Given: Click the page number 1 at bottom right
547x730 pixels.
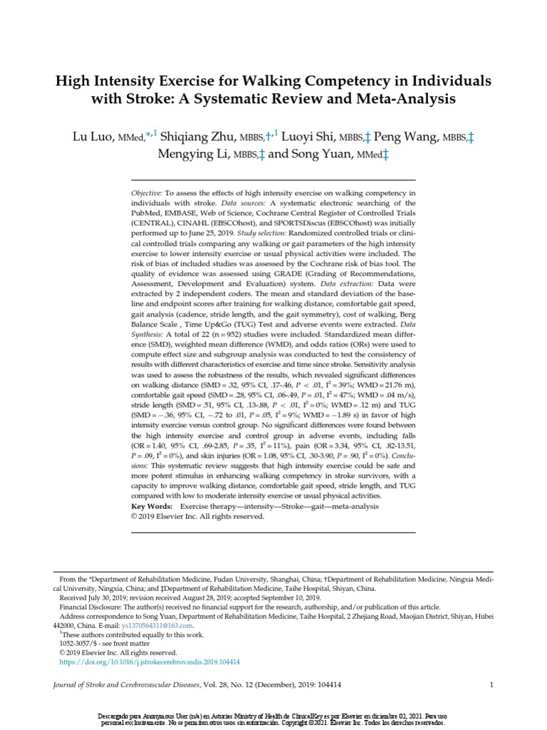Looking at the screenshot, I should [x=491, y=685].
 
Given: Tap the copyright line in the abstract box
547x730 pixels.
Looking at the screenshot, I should [x=197, y=516].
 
